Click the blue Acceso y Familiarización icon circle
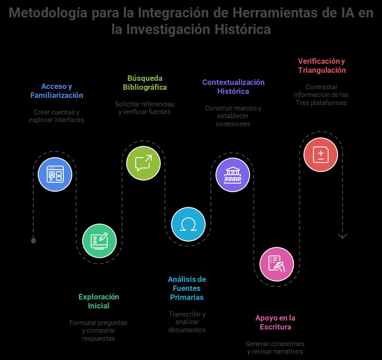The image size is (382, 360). point(55,174)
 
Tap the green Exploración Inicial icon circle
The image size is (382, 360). point(100,241)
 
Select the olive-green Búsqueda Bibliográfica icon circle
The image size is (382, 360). point(143,163)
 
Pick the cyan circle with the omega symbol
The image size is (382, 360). point(188,224)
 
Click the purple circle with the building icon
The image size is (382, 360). point(233,175)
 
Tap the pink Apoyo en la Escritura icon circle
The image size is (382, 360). point(277,264)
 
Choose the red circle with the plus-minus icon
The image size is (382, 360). point(321,154)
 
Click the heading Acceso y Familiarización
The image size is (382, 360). point(57,91)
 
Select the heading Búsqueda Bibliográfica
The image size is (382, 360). point(145,83)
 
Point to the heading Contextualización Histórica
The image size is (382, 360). point(233,87)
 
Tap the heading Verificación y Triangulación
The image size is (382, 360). point(321,66)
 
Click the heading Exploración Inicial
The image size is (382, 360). point(99,301)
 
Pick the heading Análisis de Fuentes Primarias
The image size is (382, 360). point(187,288)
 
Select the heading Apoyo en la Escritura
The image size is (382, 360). point(275,322)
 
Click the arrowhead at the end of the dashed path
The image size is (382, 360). point(342,236)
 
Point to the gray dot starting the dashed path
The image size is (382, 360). point(33,241)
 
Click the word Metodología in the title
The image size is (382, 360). point(48,13)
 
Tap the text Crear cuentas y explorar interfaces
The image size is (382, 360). point(56,116)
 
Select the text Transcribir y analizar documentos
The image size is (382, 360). point(187,322)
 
